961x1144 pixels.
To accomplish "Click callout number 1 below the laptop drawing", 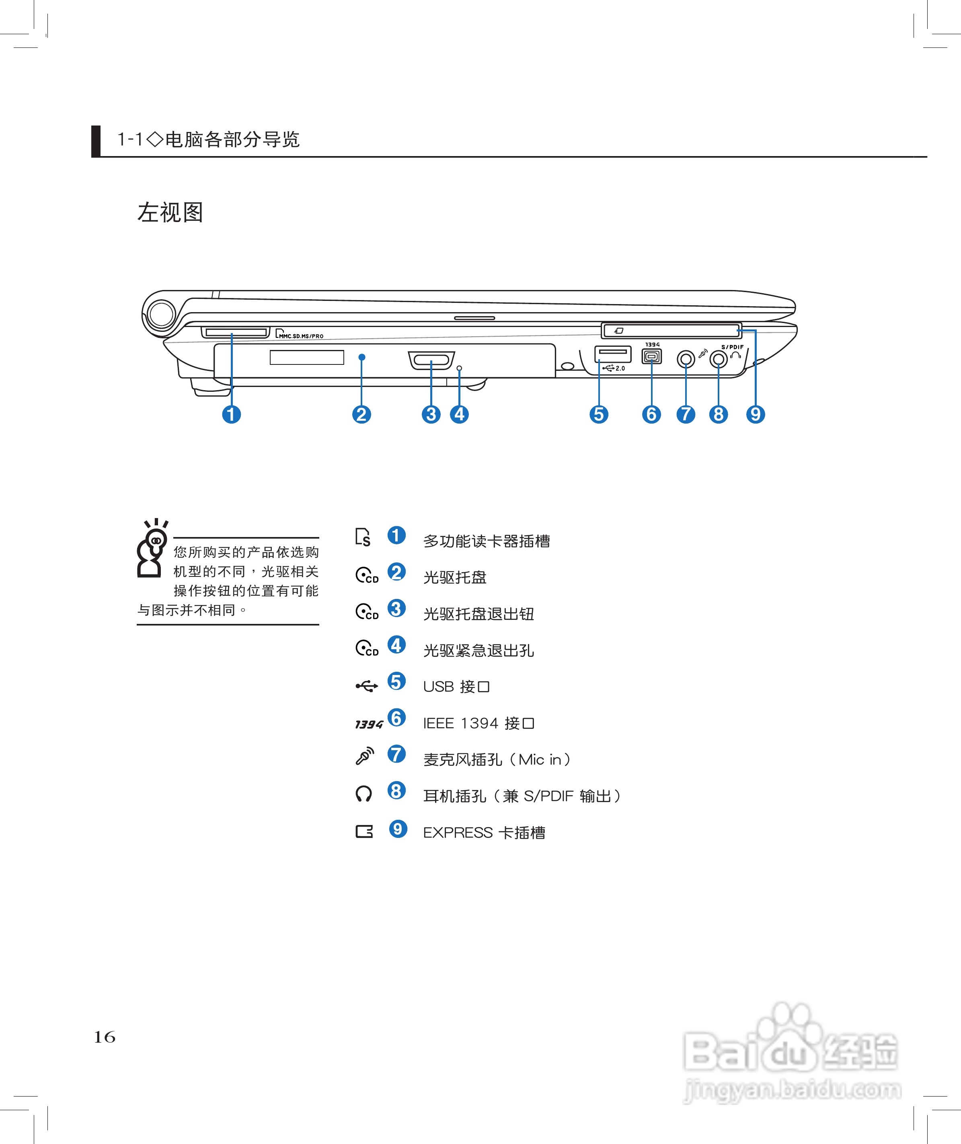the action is (232, 414).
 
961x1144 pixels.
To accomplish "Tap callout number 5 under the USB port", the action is (599, 414).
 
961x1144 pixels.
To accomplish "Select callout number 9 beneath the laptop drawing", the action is (755, 414).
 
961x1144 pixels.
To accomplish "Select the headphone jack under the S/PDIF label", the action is (719, 359).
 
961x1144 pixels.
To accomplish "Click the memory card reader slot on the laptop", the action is (235, 332).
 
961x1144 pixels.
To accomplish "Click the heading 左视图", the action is (170, 212).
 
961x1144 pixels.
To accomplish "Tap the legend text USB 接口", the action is (456, 687).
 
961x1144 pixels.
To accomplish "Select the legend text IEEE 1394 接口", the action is (479, 723).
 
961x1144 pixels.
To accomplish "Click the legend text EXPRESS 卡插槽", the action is (484, 833).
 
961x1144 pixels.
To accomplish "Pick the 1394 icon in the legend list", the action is (369, 724).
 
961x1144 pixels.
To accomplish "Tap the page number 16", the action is (105, 1037).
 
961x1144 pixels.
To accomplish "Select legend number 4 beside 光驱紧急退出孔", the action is (396, 645).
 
